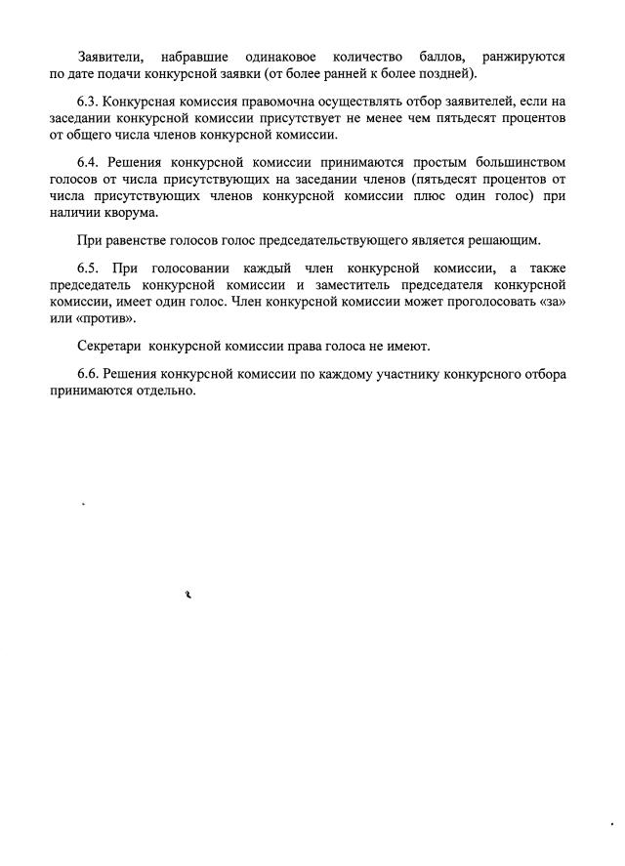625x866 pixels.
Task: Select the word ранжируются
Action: (x=523, y=57)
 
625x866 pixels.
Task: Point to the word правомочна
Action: (x=270, y=102)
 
